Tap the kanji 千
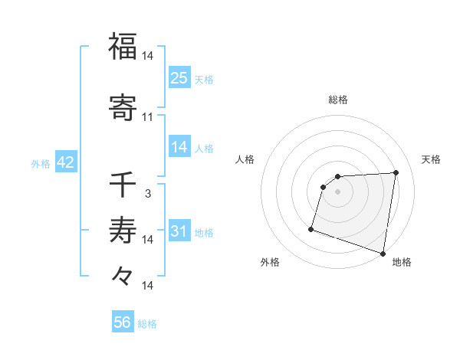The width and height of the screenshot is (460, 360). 123,184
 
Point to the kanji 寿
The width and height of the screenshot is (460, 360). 123,230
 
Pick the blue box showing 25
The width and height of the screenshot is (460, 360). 179,77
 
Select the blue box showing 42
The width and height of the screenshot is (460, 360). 65,162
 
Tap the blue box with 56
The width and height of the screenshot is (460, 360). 123,322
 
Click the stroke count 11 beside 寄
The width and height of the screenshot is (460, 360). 148,117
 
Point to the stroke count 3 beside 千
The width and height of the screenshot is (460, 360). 148,194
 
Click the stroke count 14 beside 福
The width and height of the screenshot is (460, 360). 148,56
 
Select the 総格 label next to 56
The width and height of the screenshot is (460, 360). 147,324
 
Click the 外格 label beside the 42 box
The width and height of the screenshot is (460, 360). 41,163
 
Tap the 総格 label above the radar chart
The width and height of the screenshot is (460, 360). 338,100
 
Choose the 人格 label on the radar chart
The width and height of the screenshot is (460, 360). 245,159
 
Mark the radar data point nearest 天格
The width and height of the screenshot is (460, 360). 396,173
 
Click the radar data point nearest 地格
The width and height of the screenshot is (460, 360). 383,253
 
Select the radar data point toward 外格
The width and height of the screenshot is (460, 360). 311,228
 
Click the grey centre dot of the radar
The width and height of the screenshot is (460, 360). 337,191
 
